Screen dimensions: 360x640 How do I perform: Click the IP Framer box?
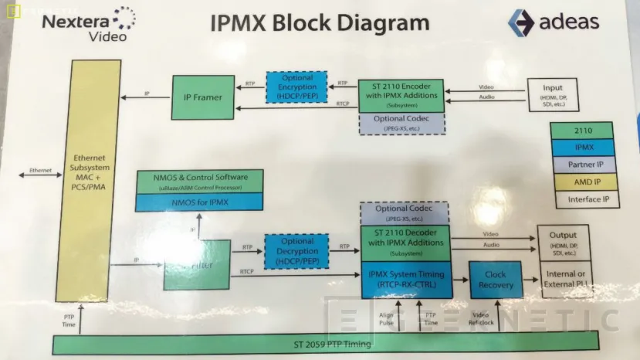tap(202, 97)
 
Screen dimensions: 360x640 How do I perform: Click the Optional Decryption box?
tap(296, 253)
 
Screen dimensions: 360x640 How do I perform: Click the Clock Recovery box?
tap(495, 280)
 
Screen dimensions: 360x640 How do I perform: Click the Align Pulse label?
tap(387, 318)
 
